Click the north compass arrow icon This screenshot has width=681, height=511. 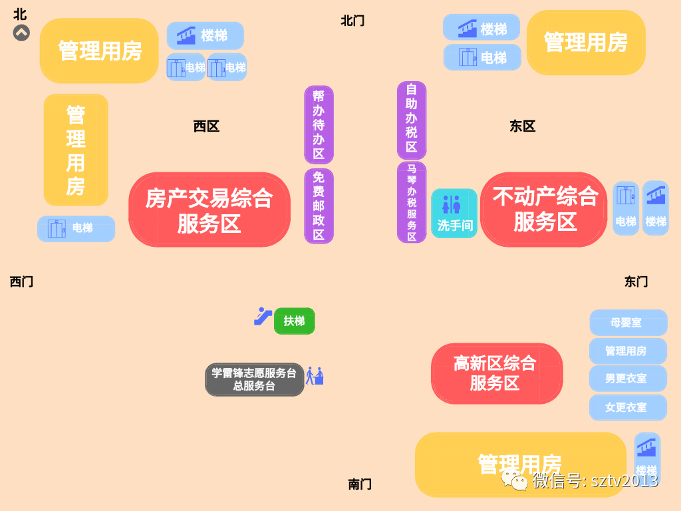(x=21, y=33)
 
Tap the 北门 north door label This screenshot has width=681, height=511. (x=352, y=21)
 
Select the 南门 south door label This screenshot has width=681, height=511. (x=360, y=484)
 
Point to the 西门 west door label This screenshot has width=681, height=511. (x=21, y=281)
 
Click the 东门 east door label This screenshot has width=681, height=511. (x=636, y=281)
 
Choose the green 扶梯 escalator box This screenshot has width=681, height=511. (x=294, y=321)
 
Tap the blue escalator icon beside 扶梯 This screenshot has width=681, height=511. (x=263, y=316)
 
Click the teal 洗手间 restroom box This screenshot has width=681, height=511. (x=454, y=214)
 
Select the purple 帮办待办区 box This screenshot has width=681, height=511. (x=319, y=124)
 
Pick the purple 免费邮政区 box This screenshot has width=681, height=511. (x=319, y=206)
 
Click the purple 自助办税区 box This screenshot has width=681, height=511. (x=412, y=120)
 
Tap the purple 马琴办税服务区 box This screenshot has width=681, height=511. (x=412, y=202)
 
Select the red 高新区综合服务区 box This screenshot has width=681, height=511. (x=496, y=373)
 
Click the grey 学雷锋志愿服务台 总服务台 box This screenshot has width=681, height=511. (x=254, y=379)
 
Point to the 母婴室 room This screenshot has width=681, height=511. (x=627, y=323)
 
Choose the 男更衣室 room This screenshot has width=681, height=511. (x=627, y=378)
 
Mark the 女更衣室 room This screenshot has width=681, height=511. (x=627, y=407)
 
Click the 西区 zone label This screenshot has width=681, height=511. (x=206, y=126)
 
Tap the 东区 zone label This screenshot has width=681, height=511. (x=523, y=126)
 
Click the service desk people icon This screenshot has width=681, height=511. (x=314, y=377)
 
